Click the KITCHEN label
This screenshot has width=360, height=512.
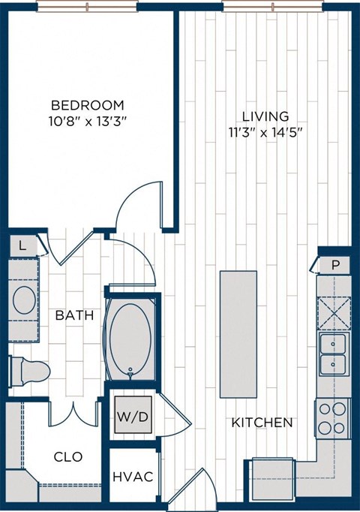[x=262, y=423]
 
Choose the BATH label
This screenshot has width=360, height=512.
[x=74, y=315]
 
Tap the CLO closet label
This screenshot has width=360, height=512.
[x=68, y=456]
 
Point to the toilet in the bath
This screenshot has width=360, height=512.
[x=30, y=370]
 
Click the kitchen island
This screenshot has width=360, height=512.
[x=238, y=333]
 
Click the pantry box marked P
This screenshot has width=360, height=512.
[x=334, y=265]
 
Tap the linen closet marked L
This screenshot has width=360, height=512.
[x=23, y=245]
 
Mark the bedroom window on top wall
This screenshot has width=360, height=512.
[x=87, y=6]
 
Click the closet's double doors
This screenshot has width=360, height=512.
[x=74, y=412]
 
